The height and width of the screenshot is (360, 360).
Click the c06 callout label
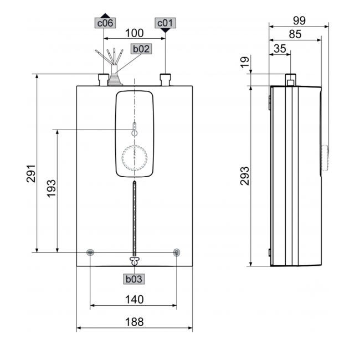(105, 23)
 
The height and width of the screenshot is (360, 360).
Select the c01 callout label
(166, 23)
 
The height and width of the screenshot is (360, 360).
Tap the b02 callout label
(141, 49)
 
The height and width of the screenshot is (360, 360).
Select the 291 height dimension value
(32, 173)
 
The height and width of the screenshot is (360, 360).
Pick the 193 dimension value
(51, 189)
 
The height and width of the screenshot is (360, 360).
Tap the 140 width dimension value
(134, 300)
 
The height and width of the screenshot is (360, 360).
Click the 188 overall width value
(134, 322)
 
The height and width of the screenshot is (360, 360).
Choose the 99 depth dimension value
(299, 20)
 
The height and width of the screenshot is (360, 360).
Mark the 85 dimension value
(295, 34)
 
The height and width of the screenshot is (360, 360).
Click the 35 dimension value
(280, 49)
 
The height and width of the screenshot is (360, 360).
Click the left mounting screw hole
(91, 253)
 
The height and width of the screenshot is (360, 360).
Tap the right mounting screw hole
(177, 253)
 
